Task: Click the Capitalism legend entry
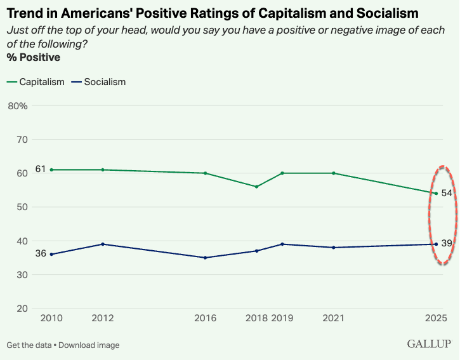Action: [x=36, y=82]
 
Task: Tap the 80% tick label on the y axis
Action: [x=18, y=105]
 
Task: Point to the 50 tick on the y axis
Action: [x=22, y=207]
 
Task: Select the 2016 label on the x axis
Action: [x=205, y=317]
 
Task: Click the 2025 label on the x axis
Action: [x=435, y=317]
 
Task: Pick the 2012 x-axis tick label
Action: [x=103, y=317]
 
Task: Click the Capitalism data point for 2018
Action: [x=256, y=187]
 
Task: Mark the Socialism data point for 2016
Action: [x=205, y=258]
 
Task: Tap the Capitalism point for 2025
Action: [x=436, y=193]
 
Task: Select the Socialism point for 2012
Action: [x=103, y=244]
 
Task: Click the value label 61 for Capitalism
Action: [x=41, y=169]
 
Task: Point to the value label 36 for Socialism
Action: [x=41, y=253]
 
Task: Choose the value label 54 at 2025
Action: [x=447, y=193]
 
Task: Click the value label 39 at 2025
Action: [x=447, y=243]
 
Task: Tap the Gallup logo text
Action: [x=429, y=344]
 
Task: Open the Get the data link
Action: [x=29, y=345]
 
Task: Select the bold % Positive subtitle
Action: [x=33, y=58]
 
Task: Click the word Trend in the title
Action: [x=25, y=13]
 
